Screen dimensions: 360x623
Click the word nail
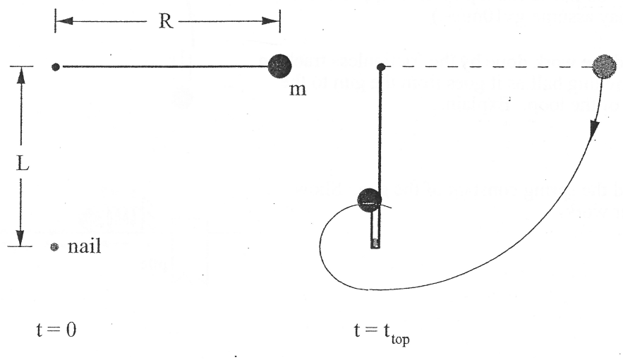point(85,248)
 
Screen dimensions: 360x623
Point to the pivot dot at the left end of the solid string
point(56,67)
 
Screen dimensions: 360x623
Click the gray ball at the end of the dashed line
point(605,66)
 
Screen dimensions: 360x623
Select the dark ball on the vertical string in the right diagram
point(369,200)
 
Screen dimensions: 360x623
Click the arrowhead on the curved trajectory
point(594,129)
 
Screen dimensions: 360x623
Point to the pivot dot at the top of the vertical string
point(381,67)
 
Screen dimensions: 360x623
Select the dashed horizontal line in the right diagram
point(487,67)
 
